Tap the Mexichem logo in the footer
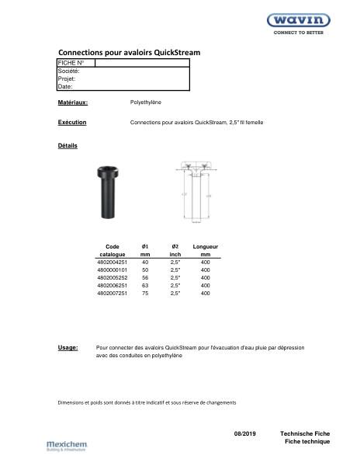coord(65,446)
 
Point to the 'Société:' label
coord(69,71)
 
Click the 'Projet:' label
coord(67,78)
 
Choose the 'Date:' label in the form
coord(66,86)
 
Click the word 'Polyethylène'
coord(146,102)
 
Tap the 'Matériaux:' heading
coord(73,102)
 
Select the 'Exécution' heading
coord(72,123)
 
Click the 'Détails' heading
coord(68,145)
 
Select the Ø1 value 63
coord(144,286)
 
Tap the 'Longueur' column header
coord(205,246)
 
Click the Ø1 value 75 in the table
coord(144,294)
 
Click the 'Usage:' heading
coord(68,348)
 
